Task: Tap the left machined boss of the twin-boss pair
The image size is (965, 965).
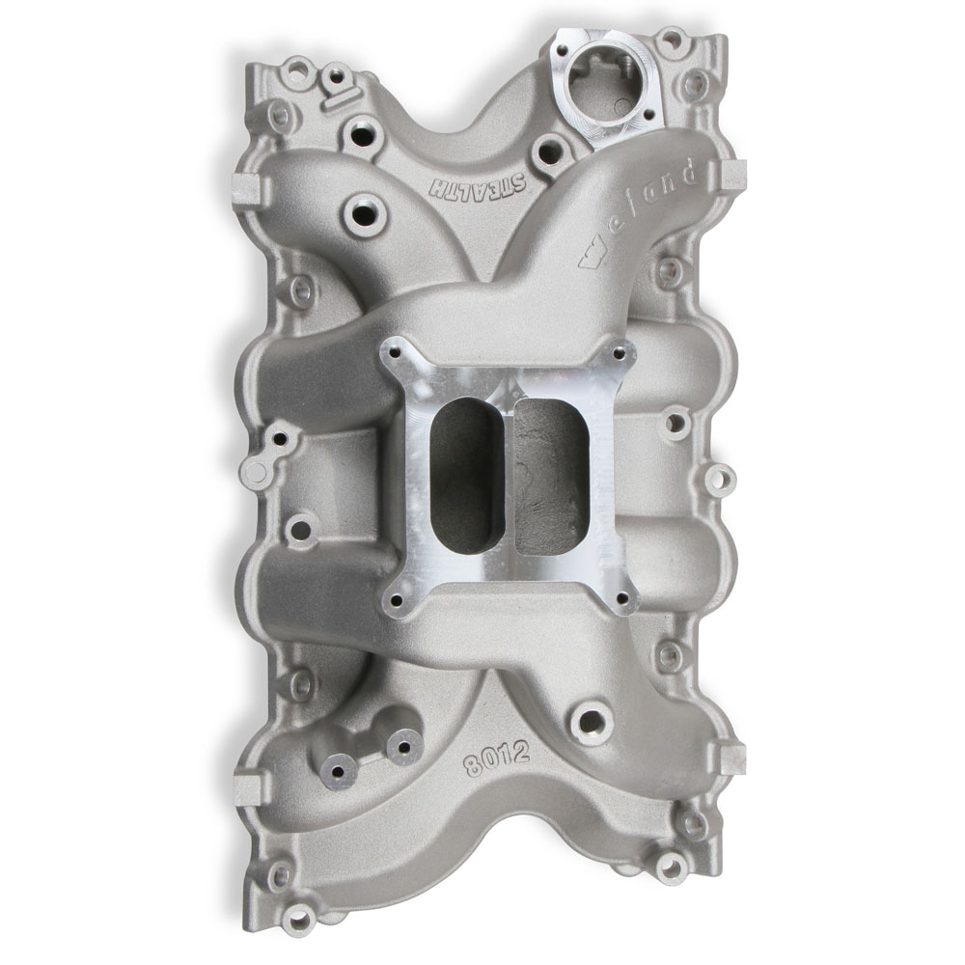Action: click(x=340, y=771)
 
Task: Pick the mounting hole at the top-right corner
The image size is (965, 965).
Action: click(x=670, y=41)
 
